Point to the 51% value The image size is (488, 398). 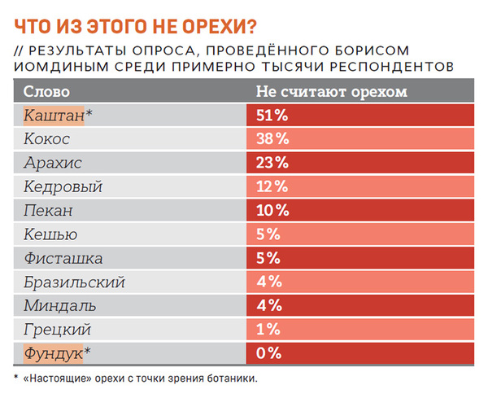pos(272,115)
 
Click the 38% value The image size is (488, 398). pos(273,138)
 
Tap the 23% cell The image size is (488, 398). pos(273,162)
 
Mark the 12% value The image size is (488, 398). pos(272,186)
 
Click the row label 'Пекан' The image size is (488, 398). pos(49,210)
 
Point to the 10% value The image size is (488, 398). pos(272,210)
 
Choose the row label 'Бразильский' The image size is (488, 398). pos(73,282)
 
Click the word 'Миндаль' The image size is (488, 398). pos(60,306)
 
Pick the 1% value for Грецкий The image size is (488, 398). pos(269,330)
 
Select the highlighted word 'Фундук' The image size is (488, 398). pos(54,353)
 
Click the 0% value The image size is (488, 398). pos(269,353)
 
